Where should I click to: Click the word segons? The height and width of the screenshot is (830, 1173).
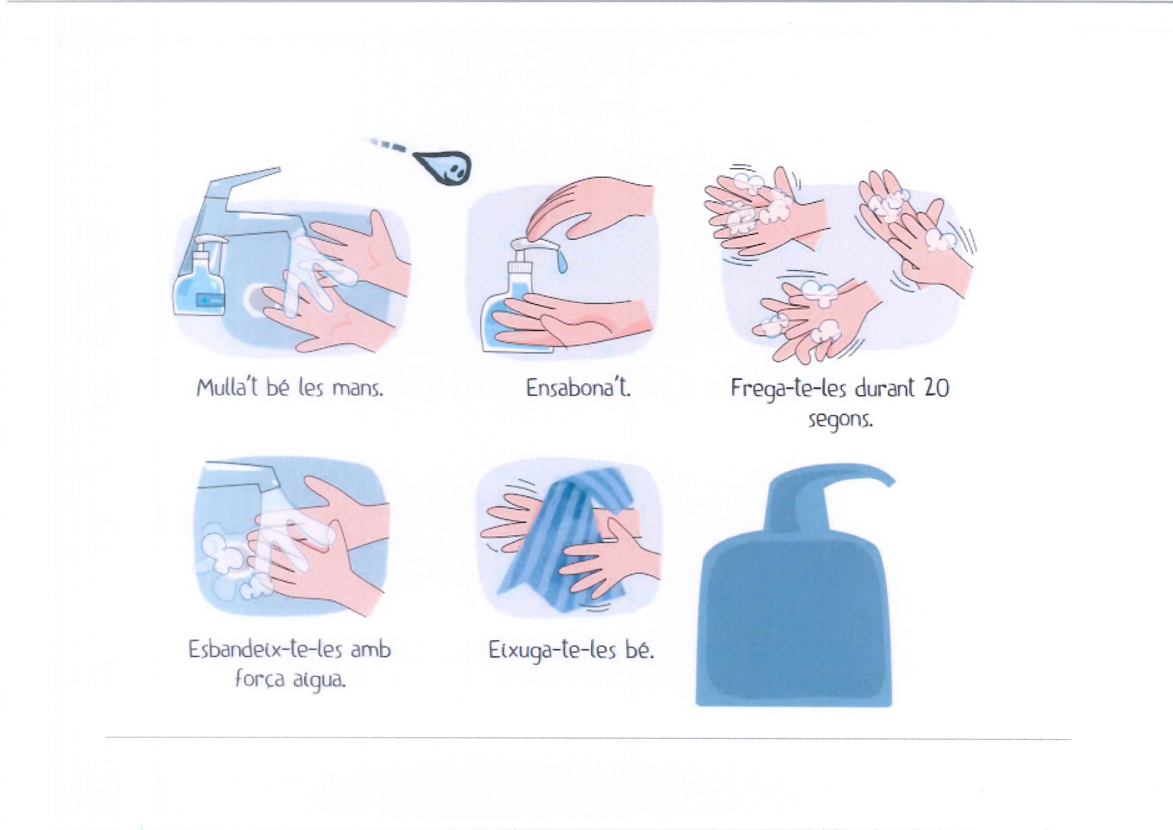pos(840,420)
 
